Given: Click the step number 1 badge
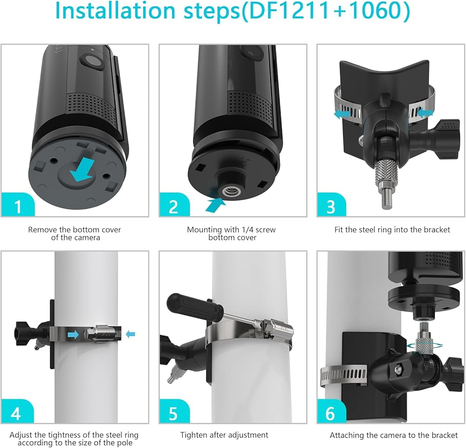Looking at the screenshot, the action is [x=17, y=205].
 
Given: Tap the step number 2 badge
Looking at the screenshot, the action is [x=174, y=205].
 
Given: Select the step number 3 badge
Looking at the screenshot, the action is [x=331, y=205].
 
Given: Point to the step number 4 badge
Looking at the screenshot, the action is [x=17, y=411].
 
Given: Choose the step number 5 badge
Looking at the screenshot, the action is [x=174, y=411].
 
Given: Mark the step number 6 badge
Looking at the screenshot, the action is [x=331, y=411].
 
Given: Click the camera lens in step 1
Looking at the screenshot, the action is [x=93, y=61].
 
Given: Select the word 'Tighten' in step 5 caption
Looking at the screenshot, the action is [x=193, y=435].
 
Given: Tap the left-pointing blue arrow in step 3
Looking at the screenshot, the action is [x=342, y=114].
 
